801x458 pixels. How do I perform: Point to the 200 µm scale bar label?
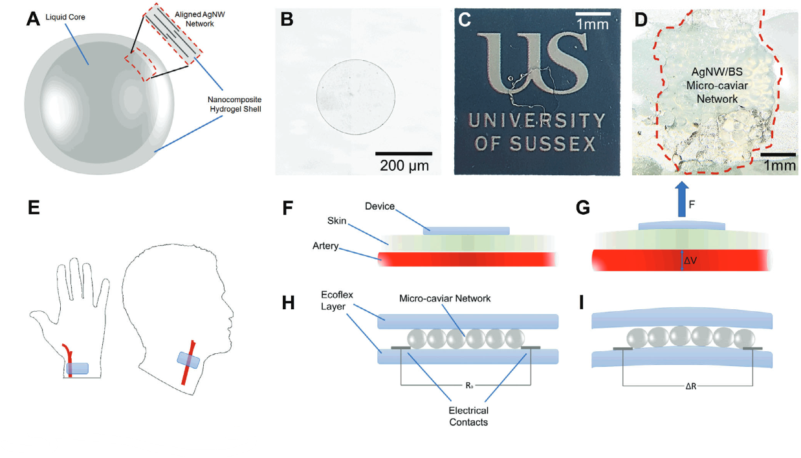(404, 165)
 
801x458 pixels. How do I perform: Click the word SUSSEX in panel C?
(558, 143)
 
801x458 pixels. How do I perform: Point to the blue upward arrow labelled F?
(681, 199)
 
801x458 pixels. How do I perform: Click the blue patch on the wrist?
(77, 368)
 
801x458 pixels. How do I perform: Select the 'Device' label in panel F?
(379, 206)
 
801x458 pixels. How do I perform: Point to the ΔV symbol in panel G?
(691, 261)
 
